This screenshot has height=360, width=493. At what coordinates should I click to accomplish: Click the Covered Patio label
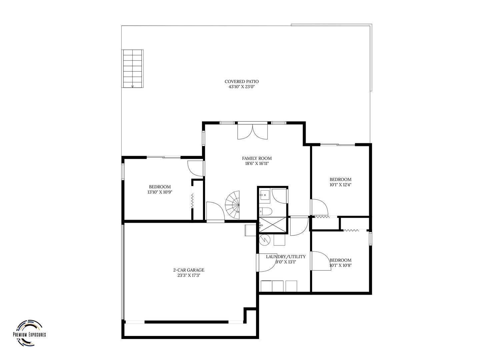241,81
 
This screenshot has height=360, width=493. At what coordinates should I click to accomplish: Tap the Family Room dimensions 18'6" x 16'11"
257,163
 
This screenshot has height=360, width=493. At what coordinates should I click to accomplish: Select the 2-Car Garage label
189,270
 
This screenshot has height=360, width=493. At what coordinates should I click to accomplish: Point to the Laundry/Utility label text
286,257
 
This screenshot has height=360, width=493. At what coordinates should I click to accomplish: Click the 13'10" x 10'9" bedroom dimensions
160,192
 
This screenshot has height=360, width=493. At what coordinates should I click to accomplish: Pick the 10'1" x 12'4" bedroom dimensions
340,185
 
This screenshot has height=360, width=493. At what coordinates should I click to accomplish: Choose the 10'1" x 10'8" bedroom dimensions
340,265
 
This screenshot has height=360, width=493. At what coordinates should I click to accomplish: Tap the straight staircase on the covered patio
132,69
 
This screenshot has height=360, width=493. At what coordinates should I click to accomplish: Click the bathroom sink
265,194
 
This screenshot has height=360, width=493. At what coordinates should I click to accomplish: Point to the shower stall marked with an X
273,224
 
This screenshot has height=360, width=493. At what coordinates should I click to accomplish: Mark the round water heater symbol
264,240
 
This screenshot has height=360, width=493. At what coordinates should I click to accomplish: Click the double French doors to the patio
252,132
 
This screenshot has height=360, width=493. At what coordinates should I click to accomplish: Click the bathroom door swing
280,196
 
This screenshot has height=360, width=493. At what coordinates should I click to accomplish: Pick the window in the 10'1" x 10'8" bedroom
370,239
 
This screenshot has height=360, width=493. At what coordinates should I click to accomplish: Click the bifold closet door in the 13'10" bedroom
192,201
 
